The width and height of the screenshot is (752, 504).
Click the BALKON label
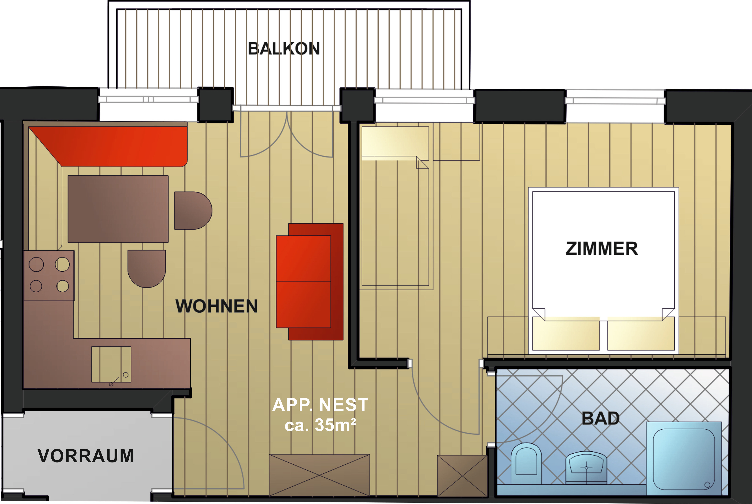pyautogui.click(x=284, y=49)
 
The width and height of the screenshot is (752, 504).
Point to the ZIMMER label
pyautogui.click(x=602, y=249)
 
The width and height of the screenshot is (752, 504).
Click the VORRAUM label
pyautogui.click(x=85, y=456)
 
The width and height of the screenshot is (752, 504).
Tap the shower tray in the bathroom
pyautogui.click(x=684, y=458)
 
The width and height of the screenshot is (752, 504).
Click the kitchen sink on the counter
pyautogui.click(x=111, y=364)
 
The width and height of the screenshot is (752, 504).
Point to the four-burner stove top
pyautogui.click(x=49, y=276)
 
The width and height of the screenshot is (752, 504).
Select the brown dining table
pyautogui.click(x=118, y=209)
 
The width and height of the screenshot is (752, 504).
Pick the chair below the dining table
pyautogui.click(x=147, y=269)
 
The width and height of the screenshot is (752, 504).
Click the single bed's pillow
pyautogui.click(x=395, y=143)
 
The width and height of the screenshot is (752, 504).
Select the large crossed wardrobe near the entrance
pyautogui.click(x=319, y=475)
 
